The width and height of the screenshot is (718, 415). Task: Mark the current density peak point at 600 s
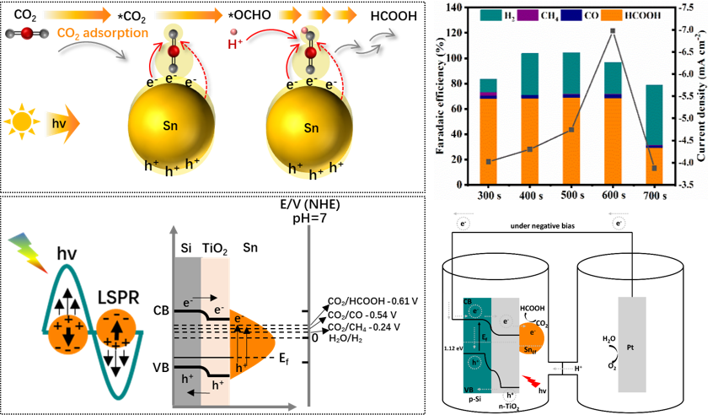612,31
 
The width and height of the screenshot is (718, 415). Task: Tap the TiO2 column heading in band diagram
216,248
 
